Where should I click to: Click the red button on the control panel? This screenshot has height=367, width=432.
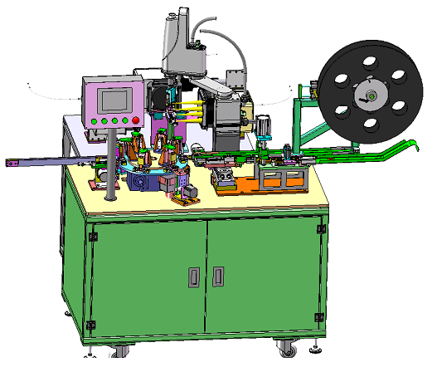tap(135, 121)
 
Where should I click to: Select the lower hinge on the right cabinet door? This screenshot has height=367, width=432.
tap(319, 316)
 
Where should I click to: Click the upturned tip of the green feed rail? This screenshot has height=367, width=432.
tap(411, 144)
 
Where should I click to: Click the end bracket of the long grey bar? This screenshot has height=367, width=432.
tap(12, 163)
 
